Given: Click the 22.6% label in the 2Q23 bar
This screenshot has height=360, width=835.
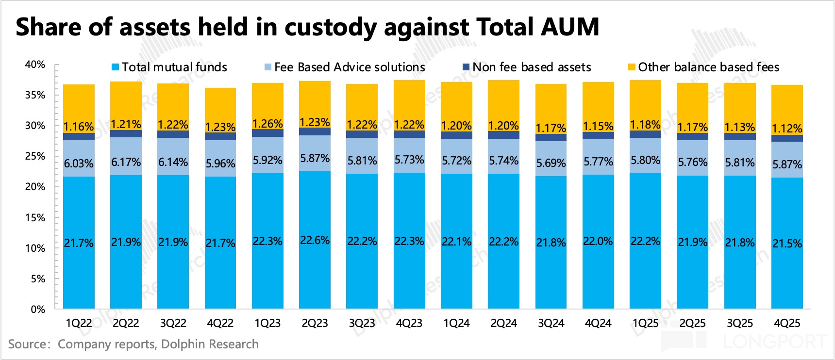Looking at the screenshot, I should point(315,240).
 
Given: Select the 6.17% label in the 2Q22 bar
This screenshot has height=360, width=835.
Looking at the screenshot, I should point(126,162).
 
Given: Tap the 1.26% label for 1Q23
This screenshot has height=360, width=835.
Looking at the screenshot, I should point(267,124).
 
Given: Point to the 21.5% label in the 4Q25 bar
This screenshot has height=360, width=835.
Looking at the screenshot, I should point(787,244).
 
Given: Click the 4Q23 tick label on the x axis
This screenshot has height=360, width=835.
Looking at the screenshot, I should point(409,323).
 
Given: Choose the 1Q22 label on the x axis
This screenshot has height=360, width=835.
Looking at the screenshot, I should point(79,323).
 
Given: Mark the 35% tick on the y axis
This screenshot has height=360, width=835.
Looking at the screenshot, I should point(35,95).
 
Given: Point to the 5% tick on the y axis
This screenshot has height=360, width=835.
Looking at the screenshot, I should point(38,279).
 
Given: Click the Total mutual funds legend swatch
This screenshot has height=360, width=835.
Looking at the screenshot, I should point(115,67).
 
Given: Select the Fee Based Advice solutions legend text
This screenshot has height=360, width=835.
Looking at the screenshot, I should point(350,67).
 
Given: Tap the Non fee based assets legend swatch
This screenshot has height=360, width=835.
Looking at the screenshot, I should point(466,67).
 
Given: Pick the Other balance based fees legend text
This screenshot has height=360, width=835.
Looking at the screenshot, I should point(708,67).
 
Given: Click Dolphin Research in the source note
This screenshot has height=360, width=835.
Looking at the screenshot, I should point(210,344).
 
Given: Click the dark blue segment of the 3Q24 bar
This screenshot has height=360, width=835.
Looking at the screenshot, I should point(551,137).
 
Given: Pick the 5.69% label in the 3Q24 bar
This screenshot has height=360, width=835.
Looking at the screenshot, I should point(551,163).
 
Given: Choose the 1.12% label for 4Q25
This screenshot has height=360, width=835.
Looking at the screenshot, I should point(787,129).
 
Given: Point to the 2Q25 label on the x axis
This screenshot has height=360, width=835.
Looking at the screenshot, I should point(692,323).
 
